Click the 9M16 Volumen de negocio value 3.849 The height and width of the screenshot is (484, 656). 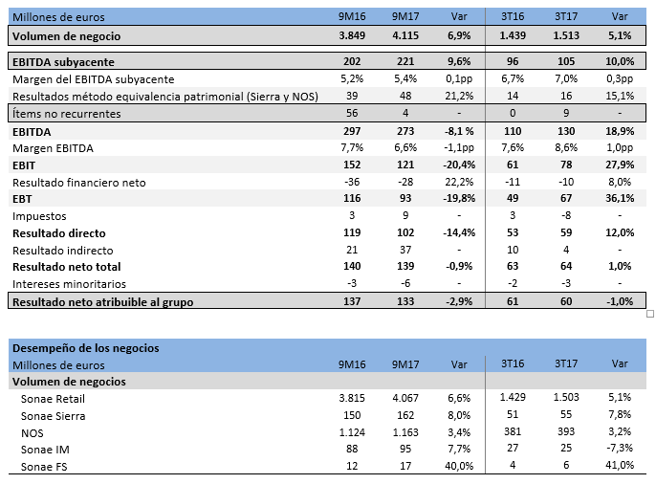(354, 35)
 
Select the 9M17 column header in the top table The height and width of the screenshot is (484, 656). (406, 16)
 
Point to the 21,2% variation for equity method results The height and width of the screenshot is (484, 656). (458, 96)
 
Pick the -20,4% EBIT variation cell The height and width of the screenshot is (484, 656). (457, 166)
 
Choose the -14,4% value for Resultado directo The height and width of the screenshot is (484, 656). (457, 232)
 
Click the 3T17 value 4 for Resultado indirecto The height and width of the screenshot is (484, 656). (565, 250)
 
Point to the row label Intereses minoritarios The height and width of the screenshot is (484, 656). (70, 284)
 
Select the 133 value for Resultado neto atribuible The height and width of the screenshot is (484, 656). (406, 301)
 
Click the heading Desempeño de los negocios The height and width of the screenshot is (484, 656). (85, 348)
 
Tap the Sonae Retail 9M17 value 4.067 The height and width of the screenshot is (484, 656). (406, 399)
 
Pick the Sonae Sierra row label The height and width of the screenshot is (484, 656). (54, 416)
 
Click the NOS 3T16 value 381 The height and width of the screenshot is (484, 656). (512, 432)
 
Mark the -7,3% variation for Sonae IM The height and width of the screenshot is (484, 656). (620, 449)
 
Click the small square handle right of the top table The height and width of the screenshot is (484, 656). (650, 313)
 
